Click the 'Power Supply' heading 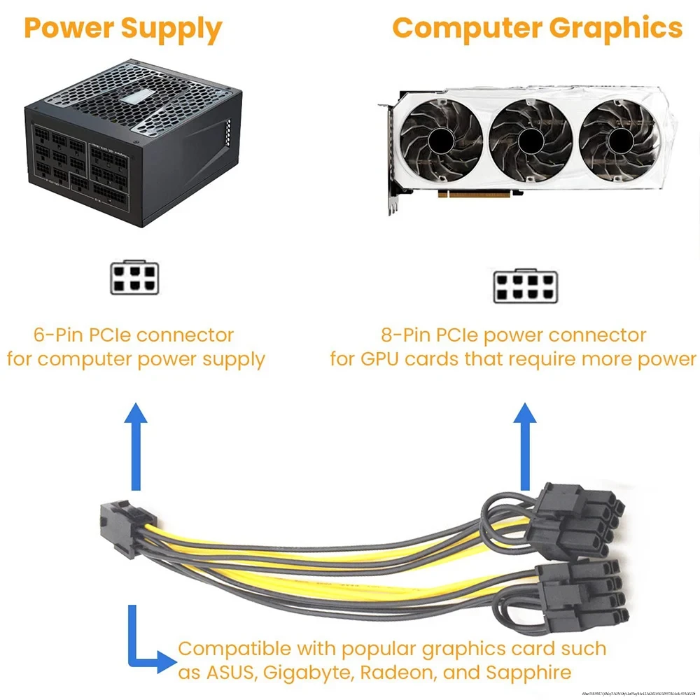pos(122,29)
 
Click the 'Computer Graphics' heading pos(537,28)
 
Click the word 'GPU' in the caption pos(382,359)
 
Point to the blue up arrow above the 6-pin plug pos(135,448)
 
